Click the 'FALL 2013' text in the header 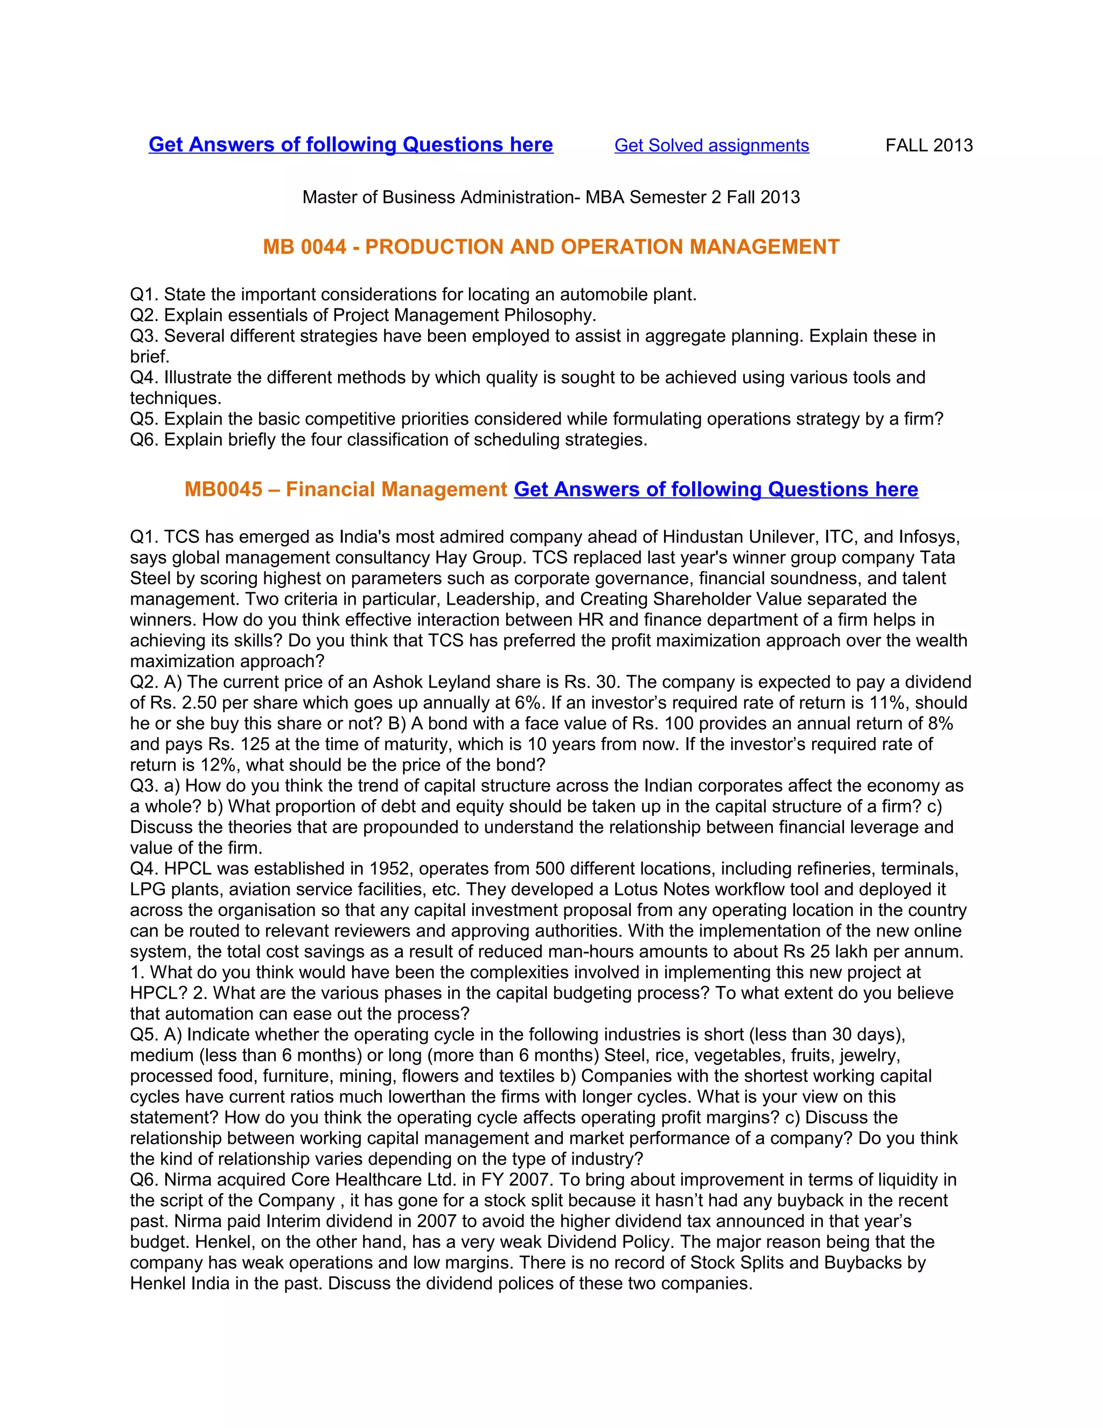pyautogui.click(x=929, y=145)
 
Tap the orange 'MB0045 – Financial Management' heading pyautogui.click(x=346, y=489)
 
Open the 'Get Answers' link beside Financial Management pyautogui.click(x=716, y=489)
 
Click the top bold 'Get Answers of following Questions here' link pyautogui.click(x=351, y=144)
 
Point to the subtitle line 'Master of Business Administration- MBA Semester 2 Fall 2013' pyautogui.click(x=551, y=197)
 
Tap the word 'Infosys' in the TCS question pyautogui.click(x=928, y=537)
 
